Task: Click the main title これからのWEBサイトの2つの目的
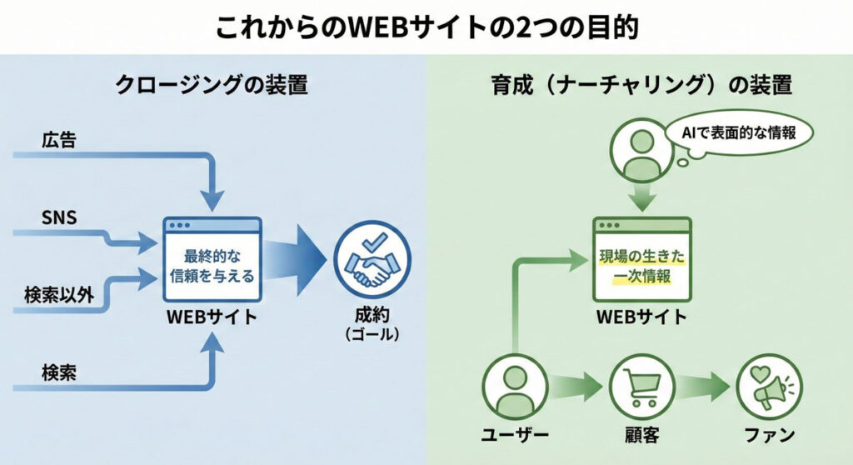[426, 27]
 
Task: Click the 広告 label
[58, 141]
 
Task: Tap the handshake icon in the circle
[372, 261]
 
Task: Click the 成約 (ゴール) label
[372, 325]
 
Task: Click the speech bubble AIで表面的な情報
[738, 133]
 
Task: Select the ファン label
[767, 436]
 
